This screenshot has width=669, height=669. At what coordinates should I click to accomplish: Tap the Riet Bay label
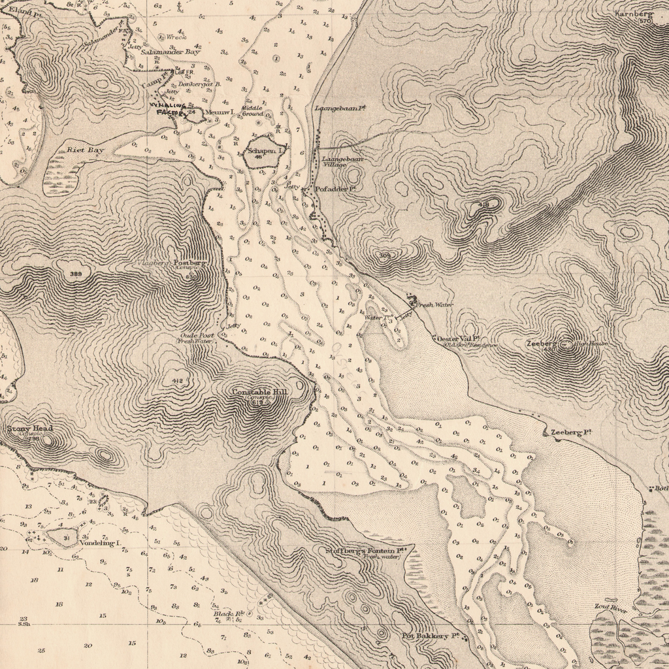(x=86, y=150)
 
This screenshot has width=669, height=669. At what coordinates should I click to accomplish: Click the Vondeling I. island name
(x=101, y=543)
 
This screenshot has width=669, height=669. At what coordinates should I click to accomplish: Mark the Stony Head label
(x=29, y=429)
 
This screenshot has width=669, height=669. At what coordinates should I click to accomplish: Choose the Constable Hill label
(x=259, y=391)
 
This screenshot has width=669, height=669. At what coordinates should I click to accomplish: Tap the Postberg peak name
(x=189, y=263)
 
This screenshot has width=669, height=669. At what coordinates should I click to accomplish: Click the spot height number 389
(x=76, y=274)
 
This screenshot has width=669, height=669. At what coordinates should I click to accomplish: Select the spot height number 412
(x=176, y=380)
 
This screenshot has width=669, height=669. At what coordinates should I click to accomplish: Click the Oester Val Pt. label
(x=459, y=338)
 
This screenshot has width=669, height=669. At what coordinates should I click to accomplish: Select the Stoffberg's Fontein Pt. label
(x=370, y=551)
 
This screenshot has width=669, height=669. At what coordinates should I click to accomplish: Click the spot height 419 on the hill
(x=484, y=205)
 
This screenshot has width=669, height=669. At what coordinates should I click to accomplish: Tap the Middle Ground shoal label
(x=252, y=110)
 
